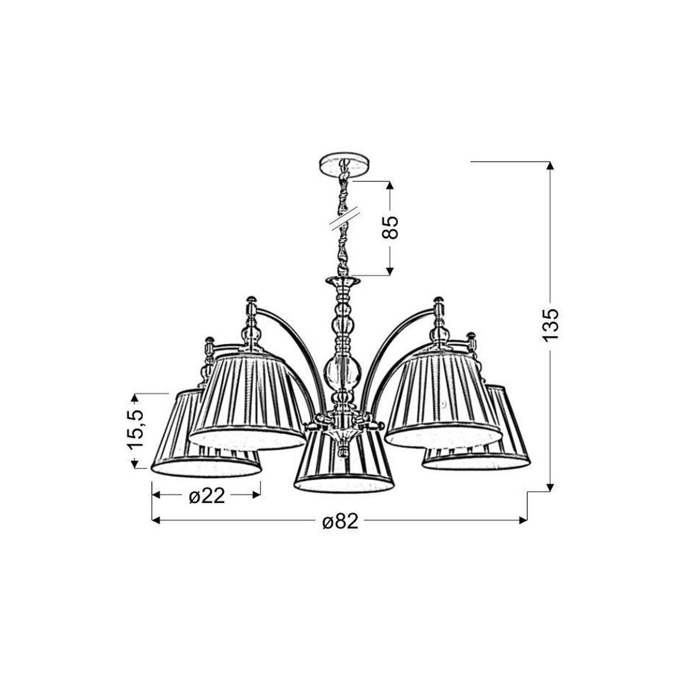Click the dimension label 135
(x=550, y=325)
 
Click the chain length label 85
(x=390, y=228)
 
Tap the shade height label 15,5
(x=136, y=430)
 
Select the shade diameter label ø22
(x=207, y=497)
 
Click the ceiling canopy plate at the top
(x=344, y=165)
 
